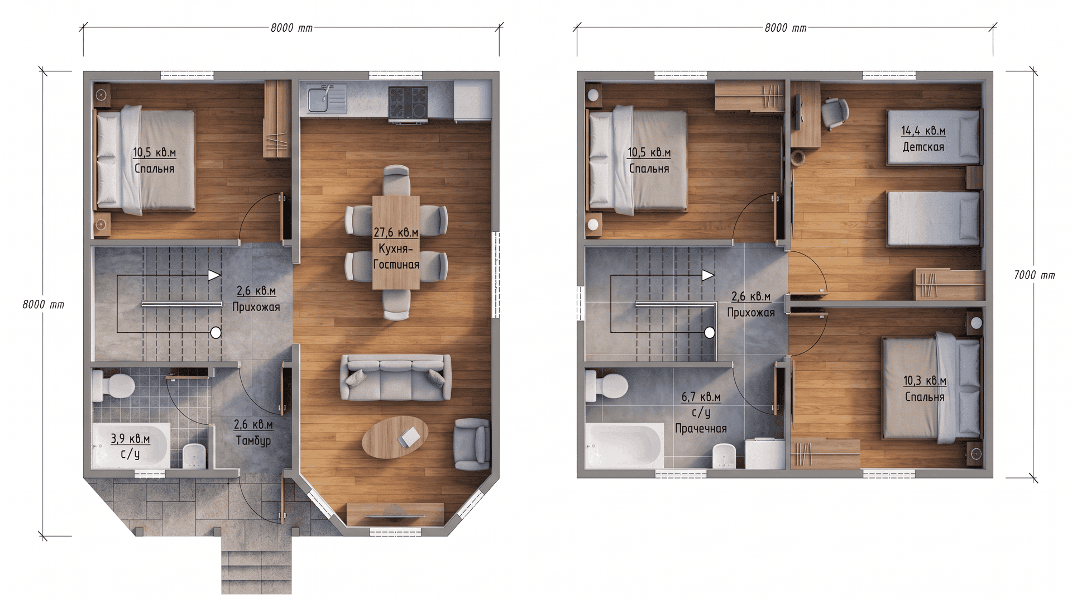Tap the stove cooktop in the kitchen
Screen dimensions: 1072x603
pos(408,103)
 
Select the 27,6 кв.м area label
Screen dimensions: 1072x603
pos(396,232)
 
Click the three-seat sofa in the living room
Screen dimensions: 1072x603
pos(396,377)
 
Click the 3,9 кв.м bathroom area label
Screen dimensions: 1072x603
pos(130,439)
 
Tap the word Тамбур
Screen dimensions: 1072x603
pos(253,441)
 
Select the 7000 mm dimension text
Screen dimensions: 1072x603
pos(1035,275)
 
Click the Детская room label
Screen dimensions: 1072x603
pos(923,147)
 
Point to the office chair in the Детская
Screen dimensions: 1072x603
pos(832,113)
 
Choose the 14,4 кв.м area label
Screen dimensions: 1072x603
pos(923,131)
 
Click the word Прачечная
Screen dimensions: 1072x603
pos(701,429)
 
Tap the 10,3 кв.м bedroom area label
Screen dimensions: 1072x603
pos(925,381)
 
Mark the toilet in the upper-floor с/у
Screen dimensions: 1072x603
pos(606,386)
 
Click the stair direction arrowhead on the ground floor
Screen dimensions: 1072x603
pos(214,275)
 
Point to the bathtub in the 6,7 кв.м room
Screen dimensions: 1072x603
pos(624,446)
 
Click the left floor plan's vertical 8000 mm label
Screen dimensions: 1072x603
pos(43,305)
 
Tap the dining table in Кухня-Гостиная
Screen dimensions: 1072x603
pos(396,242)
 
